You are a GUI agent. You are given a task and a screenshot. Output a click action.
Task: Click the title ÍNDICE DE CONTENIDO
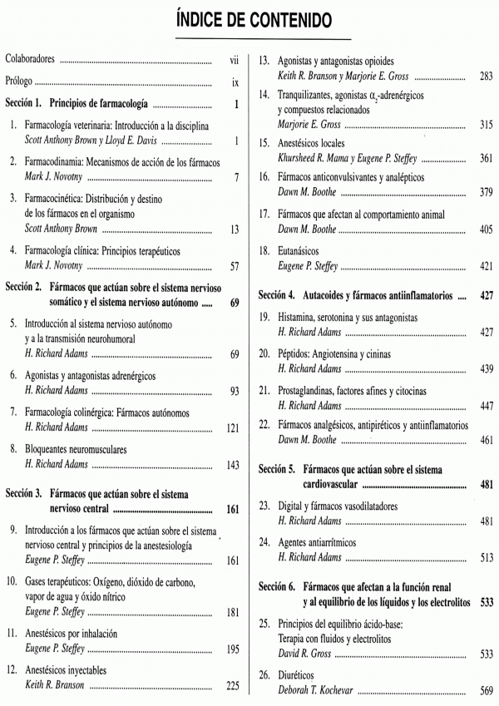coord(249,17)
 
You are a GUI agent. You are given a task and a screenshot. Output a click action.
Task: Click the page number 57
coord(235,267)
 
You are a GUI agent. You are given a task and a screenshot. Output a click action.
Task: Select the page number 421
coord(487,265)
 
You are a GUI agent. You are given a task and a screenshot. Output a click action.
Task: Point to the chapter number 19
coord(264,317)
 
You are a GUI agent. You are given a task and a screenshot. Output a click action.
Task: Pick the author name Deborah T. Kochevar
coord(320,690)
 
